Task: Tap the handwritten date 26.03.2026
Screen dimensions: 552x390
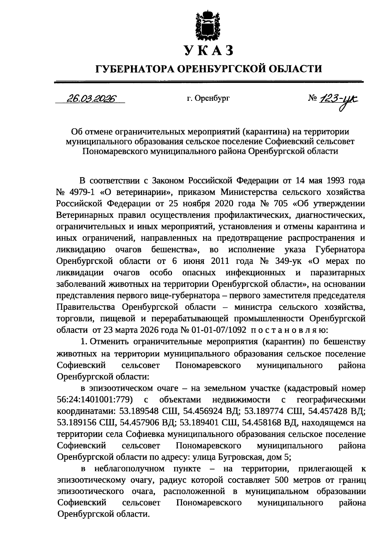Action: [x=92, y=98]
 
